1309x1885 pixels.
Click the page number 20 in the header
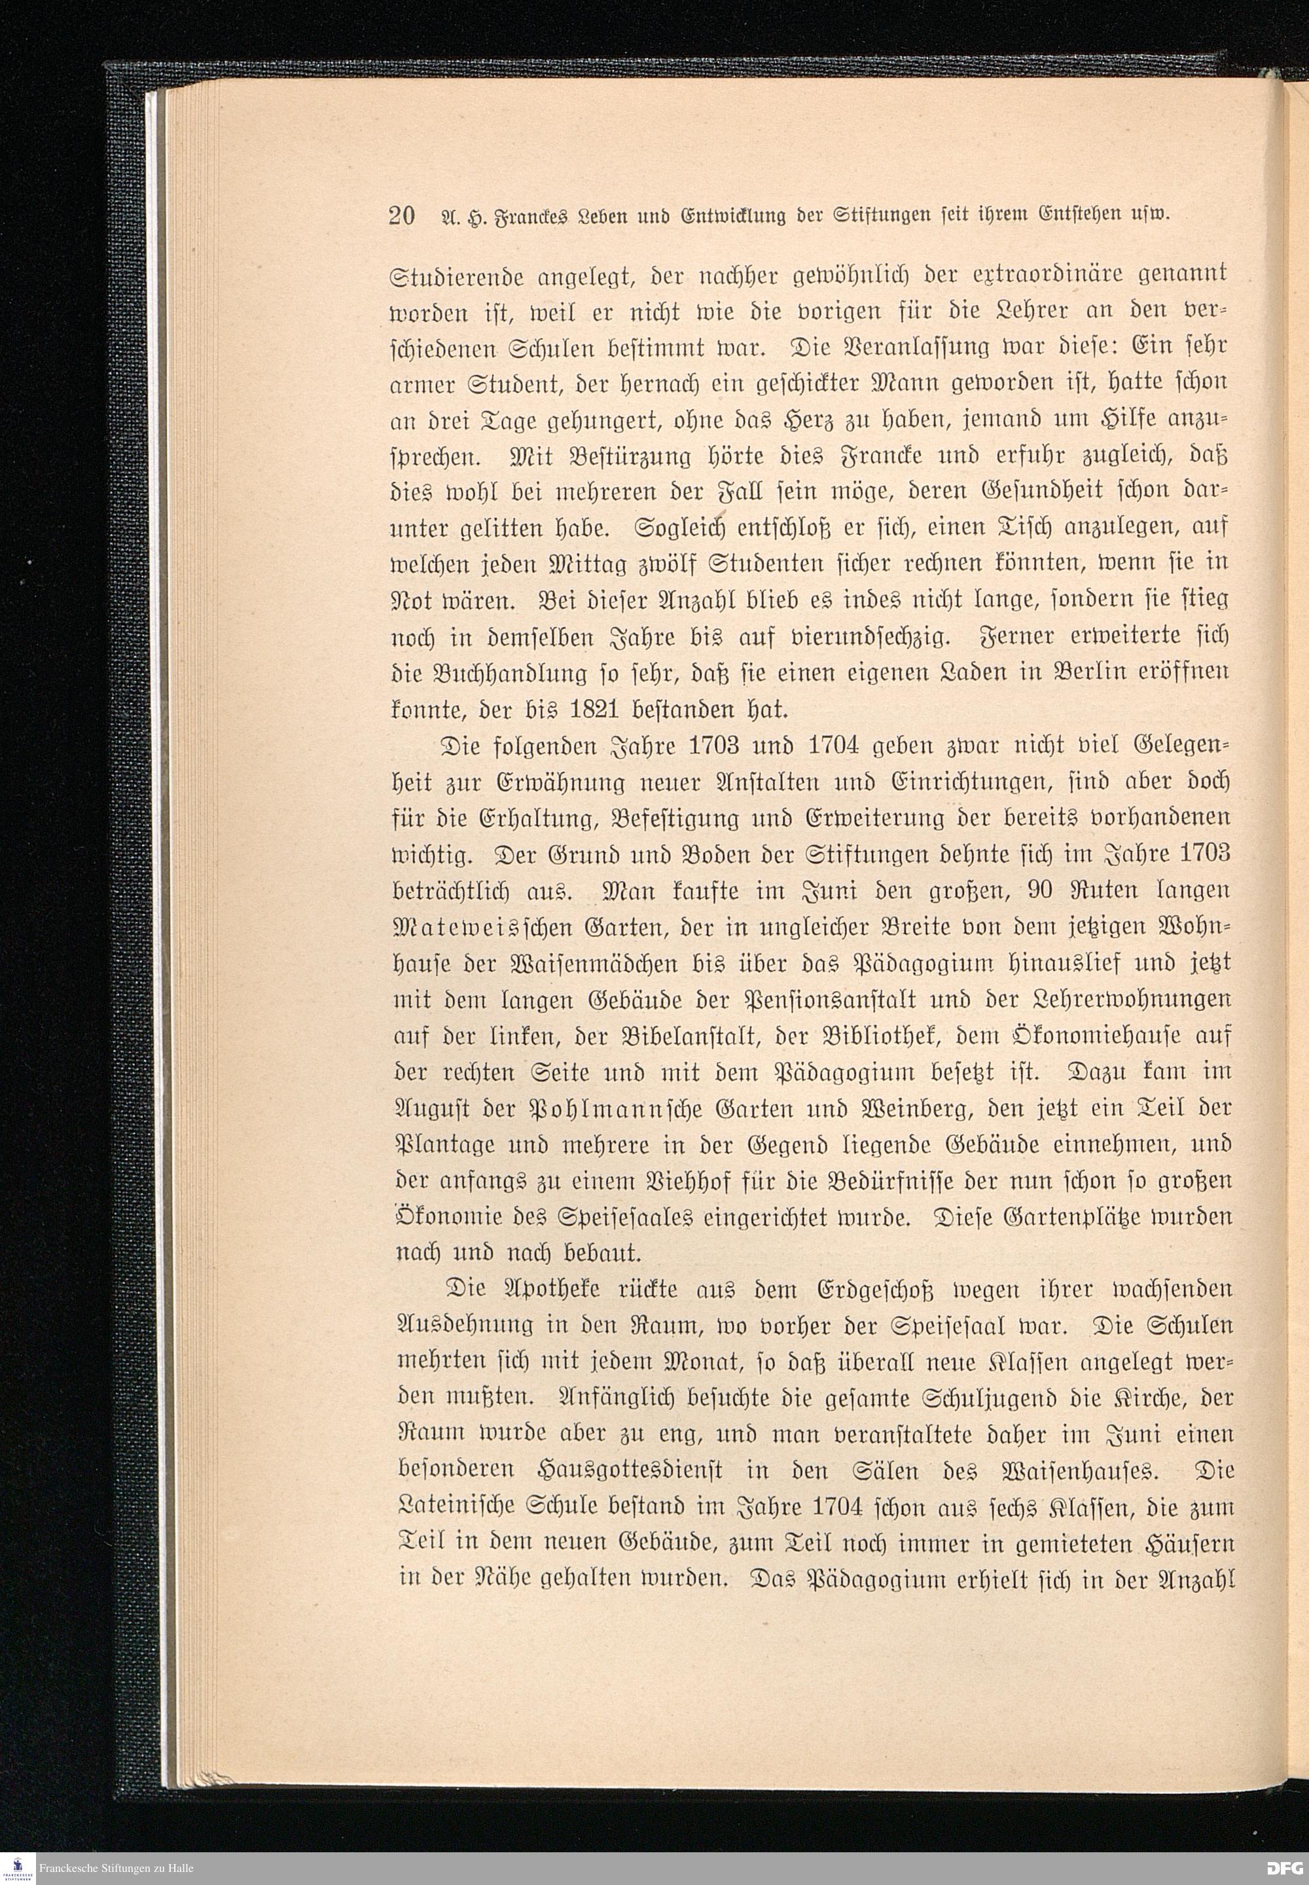pos(401,215)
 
